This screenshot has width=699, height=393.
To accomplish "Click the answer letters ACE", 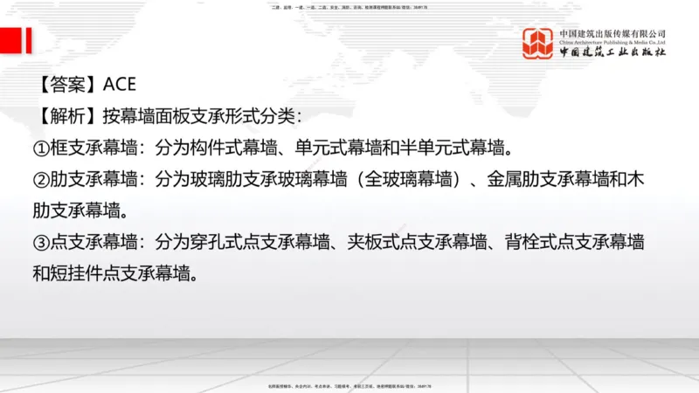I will [x=121, y=85].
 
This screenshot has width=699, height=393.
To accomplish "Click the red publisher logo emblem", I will [x=537, y=43].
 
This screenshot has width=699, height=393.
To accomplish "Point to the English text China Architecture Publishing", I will [x=612, y=42].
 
